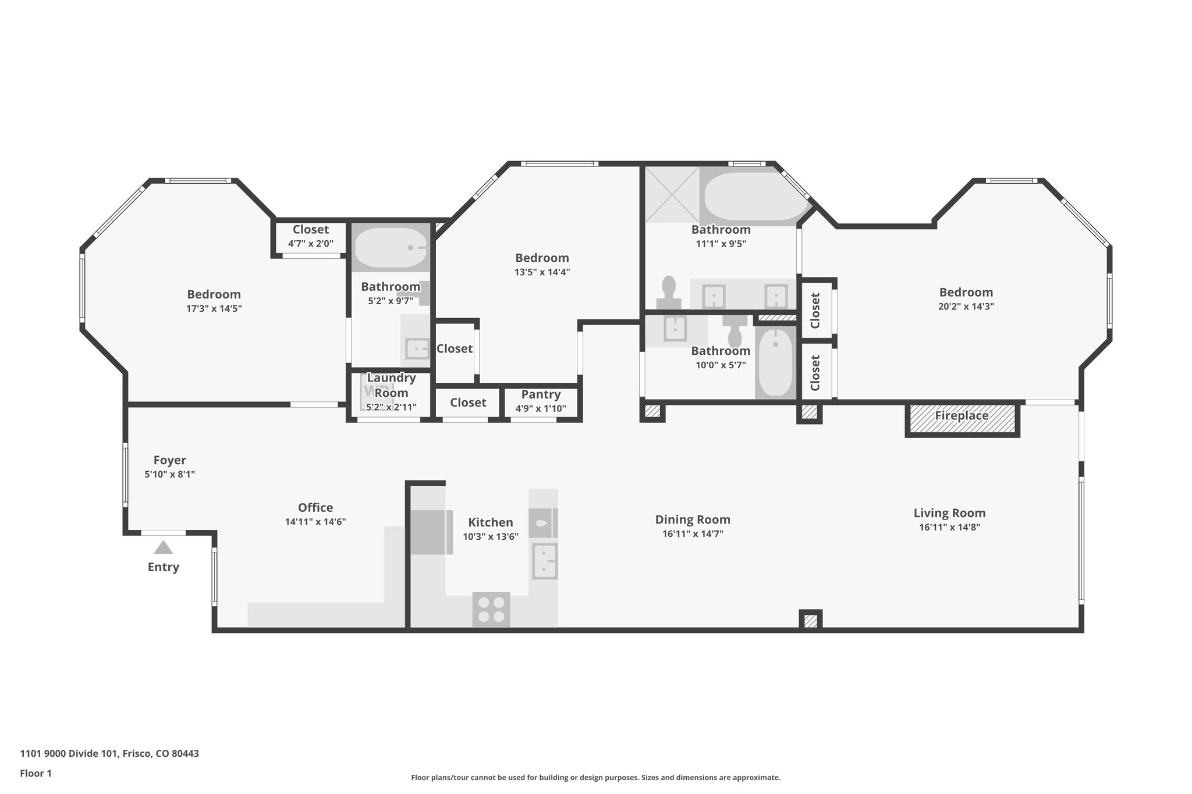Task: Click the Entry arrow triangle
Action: pos(164,547)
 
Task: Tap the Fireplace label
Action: pos(962,415)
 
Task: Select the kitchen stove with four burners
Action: pos(491,610)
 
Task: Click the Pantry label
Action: pos(541,394)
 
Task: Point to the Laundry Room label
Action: pos(391,385)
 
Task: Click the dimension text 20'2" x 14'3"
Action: pos(966,307)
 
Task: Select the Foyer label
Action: pos(169,460)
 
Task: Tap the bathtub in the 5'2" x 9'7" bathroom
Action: pos(391,248)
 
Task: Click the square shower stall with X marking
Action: pos(672,194)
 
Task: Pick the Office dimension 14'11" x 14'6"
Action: pos(315,522)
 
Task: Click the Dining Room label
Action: pos(693,519)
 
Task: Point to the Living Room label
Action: pos(949,513)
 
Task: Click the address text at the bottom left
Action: pos(109,753)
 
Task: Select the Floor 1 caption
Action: pos(36,773)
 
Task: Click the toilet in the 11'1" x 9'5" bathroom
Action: pos(669,293)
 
